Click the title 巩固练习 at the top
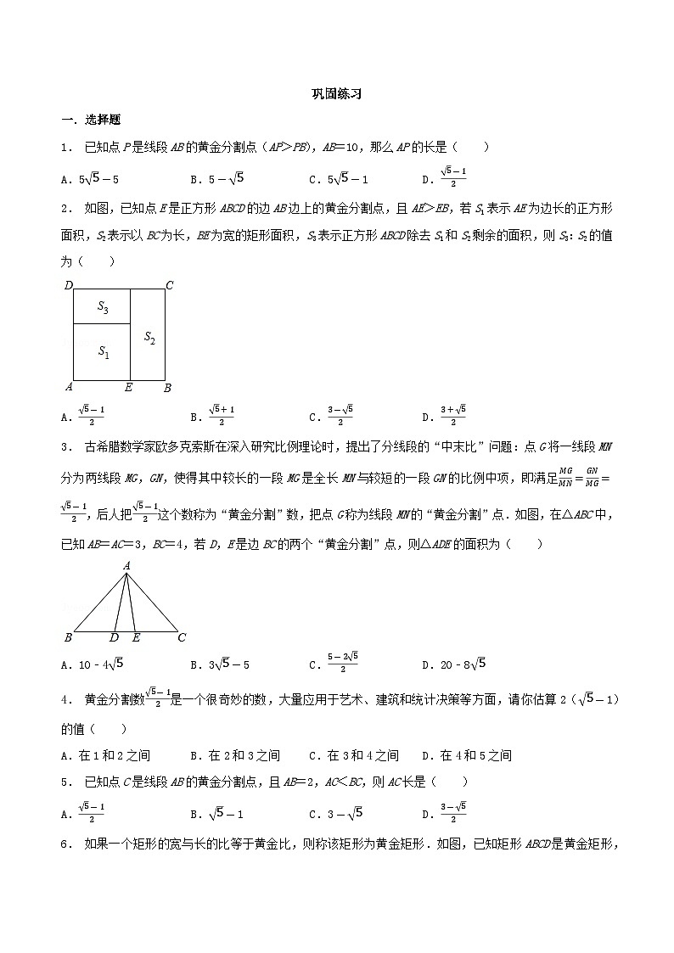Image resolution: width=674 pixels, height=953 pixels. pos(336,95)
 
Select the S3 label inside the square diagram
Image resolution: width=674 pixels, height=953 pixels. pos(102,308)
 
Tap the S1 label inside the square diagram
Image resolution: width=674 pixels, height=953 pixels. pos(102,350)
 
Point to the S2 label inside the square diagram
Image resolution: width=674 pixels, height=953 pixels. pos(149,339)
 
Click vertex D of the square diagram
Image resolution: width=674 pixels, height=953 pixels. pos(69,285)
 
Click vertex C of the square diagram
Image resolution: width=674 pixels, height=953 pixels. pos(169,285)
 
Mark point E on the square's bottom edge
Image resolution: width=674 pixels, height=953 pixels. pos(129,388)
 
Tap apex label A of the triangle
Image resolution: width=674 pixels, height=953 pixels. pos(126,564)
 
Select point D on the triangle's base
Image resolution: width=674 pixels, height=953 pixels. pos(115,637)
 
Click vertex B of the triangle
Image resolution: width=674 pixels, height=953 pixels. pos(68,637)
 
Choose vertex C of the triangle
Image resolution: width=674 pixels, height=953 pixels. pos(182,637)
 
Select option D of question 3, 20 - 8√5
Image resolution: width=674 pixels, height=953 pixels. pos(453,664)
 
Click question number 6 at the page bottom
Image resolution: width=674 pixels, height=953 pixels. pos(65,844)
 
